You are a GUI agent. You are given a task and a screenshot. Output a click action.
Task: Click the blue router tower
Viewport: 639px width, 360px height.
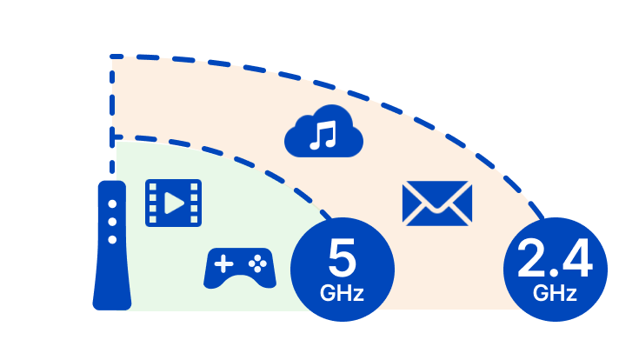tap(112, 252)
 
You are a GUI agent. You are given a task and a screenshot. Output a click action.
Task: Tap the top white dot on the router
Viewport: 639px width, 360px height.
tap(111, 204)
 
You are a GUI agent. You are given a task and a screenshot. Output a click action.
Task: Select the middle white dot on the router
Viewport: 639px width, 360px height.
tap(111, 222)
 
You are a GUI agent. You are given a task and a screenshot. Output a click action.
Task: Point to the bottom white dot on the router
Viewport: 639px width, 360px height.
tap(111, 238)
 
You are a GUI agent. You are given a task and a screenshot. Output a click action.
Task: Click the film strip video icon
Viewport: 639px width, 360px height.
tap(173, 203)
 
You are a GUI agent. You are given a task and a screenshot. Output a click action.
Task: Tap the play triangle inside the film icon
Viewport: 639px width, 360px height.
tap(175, 203)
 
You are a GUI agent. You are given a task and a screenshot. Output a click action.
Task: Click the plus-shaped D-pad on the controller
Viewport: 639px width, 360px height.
tap(223, 261)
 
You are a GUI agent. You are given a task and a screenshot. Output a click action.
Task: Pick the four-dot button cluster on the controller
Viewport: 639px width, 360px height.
tap(256, 260)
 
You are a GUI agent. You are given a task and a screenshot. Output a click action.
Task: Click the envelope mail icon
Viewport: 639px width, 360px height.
tap(437, 203)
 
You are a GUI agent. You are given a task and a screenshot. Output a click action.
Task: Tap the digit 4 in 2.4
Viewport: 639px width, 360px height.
tap(575, 258)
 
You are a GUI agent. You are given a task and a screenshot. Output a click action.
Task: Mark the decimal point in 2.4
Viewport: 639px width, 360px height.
tap(553, 271)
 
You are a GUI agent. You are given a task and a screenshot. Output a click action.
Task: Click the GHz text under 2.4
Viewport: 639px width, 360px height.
tap(556, 293)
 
